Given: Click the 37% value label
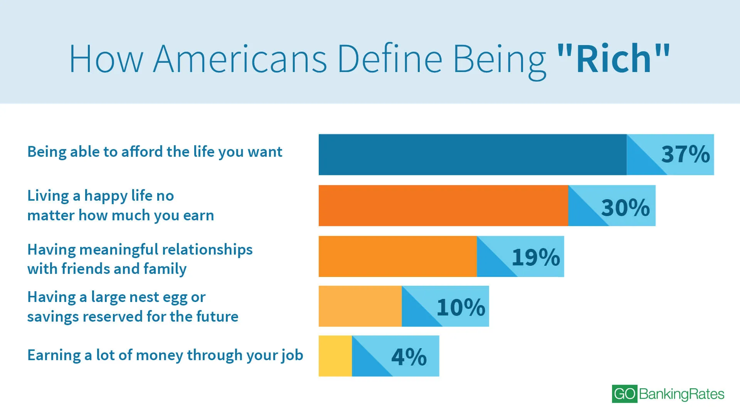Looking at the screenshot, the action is pos(685,154).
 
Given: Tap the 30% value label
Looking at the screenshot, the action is pos(625,208).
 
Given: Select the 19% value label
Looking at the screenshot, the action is pos(536,257).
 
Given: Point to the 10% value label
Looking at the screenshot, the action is pos(461,307).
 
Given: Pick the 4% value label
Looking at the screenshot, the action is pos(409,357).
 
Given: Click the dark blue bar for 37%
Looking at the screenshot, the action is pos(473,154).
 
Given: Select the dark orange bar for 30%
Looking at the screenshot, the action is pos(443,205).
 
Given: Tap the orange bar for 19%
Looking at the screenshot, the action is pos(398,256).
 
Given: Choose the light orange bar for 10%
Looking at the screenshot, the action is pos(360,306).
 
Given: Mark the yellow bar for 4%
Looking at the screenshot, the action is pos(335,356).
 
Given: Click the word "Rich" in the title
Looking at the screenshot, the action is pos(614,59).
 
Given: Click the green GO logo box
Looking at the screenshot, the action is pos(625,394).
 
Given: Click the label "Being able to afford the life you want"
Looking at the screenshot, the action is pos(155,152).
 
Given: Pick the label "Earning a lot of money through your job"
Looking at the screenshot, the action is pos(165,355).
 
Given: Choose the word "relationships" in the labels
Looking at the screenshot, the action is pos(207,250).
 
